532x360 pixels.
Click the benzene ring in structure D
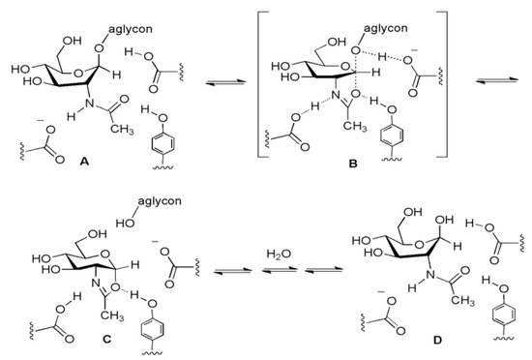(x=487, y=315)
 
